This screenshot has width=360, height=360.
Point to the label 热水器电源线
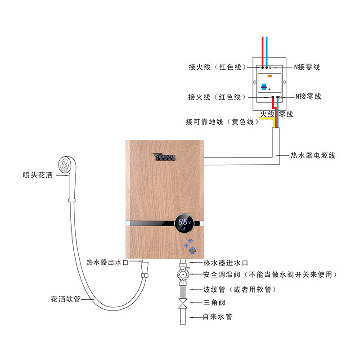313,156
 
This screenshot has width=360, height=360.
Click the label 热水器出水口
108,262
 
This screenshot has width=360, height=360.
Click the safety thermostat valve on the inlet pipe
183,274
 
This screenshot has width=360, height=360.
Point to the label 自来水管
217,317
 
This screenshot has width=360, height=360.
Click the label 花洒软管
66,299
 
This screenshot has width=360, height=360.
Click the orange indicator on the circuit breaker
270,76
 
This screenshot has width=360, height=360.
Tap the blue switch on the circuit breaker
264,87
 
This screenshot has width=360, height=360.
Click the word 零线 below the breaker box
286,115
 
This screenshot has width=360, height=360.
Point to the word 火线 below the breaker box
267,115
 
